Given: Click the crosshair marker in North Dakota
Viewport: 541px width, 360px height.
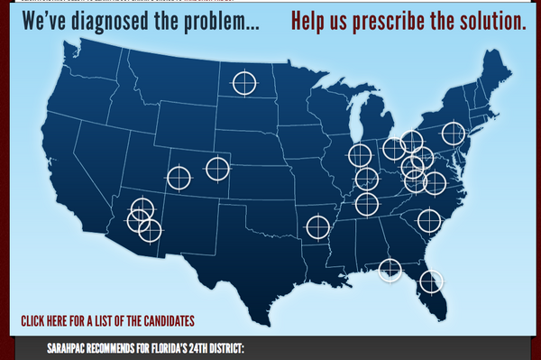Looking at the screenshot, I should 243,83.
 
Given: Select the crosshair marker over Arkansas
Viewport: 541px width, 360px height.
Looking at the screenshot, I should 317,226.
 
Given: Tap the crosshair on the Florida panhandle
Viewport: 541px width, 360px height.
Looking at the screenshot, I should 390,269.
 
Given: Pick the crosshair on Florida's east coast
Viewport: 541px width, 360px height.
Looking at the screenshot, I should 433,282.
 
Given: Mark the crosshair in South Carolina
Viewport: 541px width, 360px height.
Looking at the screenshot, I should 429,221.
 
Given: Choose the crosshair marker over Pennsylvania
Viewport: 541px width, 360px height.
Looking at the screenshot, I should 453,135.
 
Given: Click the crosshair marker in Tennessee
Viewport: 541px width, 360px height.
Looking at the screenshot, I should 366,204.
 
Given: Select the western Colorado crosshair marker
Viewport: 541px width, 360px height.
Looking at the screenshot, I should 179,178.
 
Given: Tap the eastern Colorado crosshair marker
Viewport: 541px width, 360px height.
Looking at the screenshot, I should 217,169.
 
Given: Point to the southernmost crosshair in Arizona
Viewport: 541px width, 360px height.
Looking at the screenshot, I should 150,230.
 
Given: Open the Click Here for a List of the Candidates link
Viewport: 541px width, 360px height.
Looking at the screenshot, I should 107,320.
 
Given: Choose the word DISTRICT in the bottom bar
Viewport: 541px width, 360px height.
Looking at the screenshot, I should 226,348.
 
